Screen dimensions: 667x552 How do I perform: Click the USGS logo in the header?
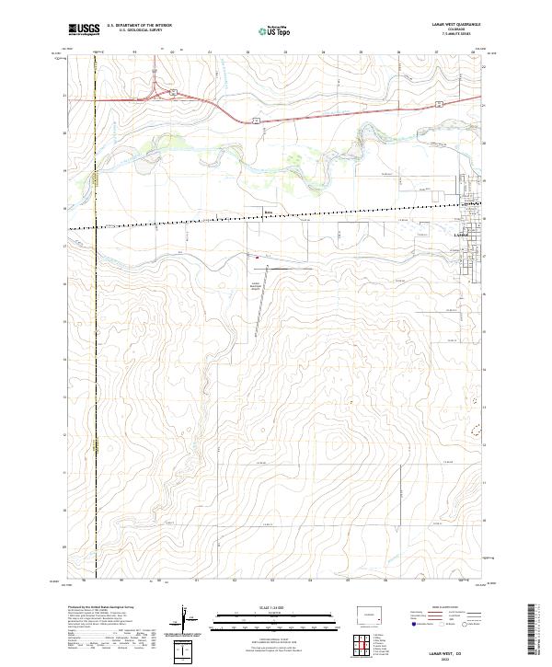pyautogui.click(x=84, y=30)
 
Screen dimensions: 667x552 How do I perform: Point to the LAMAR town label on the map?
pyautogui.click(x=462, y=236)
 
